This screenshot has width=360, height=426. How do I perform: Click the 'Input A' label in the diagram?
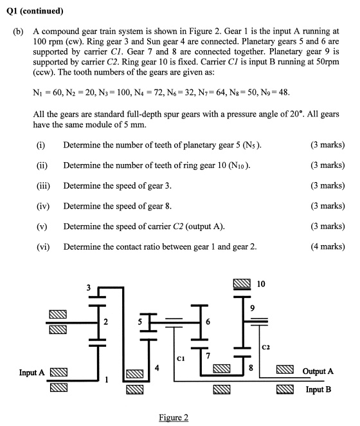(x=32, y=372)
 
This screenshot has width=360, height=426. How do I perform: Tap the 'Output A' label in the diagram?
(x=318, y=371)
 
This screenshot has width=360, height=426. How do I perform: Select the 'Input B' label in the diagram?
(x=318, y=389)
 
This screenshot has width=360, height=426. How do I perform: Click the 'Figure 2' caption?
(x=174, y=417)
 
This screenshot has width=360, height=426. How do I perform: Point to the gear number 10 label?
(x=261, y=284)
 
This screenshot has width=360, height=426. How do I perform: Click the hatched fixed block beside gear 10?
(x=242, y=283)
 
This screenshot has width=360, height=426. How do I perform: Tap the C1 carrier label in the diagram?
(x=181, y=358)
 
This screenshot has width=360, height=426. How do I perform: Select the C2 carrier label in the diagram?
(x=265, y=347)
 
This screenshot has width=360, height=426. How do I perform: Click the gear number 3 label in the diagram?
(x=89, y=288)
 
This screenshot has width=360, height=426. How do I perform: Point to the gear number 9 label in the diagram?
(x=252, y=308)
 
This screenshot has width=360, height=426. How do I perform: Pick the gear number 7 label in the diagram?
(x=208, y=356)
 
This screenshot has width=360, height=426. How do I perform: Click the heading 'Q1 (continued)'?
(x=35, y=11)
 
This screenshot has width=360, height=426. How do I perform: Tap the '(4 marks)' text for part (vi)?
(x=328, y=246)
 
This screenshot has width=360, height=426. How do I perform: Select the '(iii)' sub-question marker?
(x=43, y=186)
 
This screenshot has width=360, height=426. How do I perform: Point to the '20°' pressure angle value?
(x=296, y=114)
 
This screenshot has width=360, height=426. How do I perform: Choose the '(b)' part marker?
(x=18, y=32)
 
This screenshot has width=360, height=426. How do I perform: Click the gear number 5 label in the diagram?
(x=139, y=322)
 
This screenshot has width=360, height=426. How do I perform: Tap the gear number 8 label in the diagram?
(x=251, y=368)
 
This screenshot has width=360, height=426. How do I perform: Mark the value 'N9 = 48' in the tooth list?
(x=274, y=93)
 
